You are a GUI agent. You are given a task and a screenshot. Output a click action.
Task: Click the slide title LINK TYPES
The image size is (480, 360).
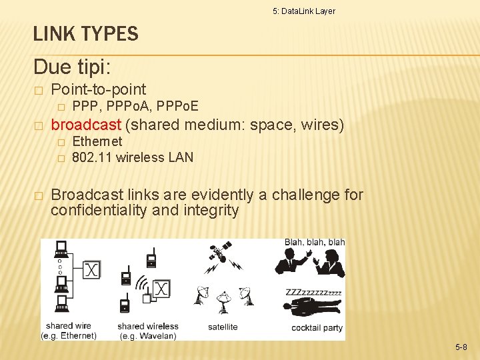(x=85, y=33)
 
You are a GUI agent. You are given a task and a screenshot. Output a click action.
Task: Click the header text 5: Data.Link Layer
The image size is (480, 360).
(x=304, y=11)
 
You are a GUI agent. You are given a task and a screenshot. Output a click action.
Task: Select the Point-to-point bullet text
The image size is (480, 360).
(x=99, y=89)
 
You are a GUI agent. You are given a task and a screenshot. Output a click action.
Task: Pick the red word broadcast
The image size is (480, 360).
(x=86, y=125)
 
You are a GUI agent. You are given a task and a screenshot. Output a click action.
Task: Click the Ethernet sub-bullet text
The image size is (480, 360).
(x=97, y=141)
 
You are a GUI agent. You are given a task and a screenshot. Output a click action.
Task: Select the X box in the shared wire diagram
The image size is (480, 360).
(x=91, y=270)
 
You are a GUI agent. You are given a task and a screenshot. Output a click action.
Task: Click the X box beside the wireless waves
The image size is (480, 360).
(x=161, y=289)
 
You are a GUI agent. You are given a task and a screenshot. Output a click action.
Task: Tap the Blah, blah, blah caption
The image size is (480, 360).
(x=315, y=242)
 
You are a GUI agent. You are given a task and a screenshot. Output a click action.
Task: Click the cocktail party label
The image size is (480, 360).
(x=317, y=327)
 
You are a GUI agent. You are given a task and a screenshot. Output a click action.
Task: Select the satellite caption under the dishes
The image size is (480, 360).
(x=223, y=327)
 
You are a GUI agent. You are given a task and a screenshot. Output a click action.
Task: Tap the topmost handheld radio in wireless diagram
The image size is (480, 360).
(x=151, y=257)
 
